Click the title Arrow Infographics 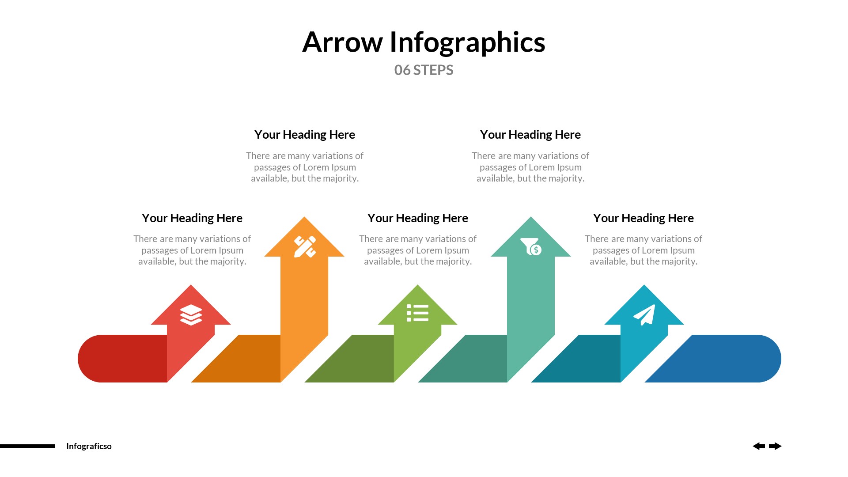click(x=424, y=42)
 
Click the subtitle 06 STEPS click(x=424, y=70)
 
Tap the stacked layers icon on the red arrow click(x=191, y=315)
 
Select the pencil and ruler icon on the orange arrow click(x=305, y=246)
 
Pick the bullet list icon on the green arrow click(x=417, y=313)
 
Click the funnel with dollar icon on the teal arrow click(x=531, y=246)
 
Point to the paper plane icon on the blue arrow click(x=644, y=314)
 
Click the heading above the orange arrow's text click(x=305, y=135)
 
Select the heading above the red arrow click(x=192, y=218)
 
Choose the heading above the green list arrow click(x=418, y=218)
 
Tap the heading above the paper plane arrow click(x=644, y=218)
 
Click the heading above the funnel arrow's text click(x=530, y=135)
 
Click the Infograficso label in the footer click(x=89, y=446)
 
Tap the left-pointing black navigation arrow click(x=759, y=446)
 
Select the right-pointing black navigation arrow click(x=775, y=446)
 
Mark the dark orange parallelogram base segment click(x=243, y=359)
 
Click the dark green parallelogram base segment click(x=356, y=359)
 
